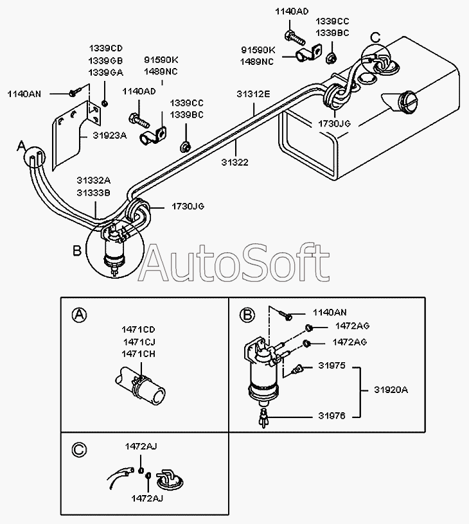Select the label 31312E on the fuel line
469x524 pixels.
254,94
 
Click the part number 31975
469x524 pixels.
332,366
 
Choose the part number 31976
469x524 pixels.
332,415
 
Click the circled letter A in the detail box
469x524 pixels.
78,314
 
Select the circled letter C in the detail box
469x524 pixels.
78,449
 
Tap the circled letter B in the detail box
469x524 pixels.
247,314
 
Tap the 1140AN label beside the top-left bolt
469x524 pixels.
24,94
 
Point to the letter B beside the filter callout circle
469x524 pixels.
76,250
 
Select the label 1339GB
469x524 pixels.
106,60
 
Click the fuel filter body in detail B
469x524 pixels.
263,372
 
